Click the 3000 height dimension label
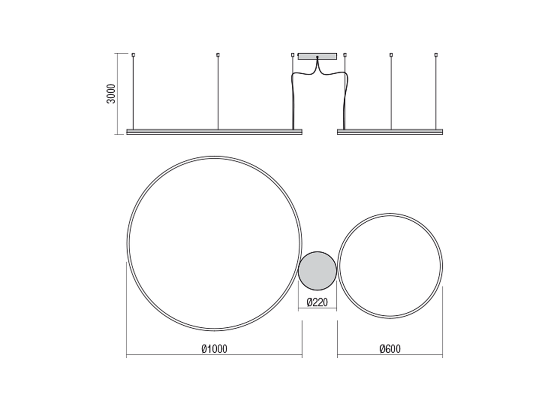point(111,94)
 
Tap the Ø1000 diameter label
point(214,349)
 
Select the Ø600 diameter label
point(390,349)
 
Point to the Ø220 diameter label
point(317,302)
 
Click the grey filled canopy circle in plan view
point(317,271)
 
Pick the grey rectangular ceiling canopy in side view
point(317,56)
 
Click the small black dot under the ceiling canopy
point(317,57)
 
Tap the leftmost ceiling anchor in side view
point(133,55)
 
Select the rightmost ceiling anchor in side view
point(436,55)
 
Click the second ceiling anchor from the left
point(218,55)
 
